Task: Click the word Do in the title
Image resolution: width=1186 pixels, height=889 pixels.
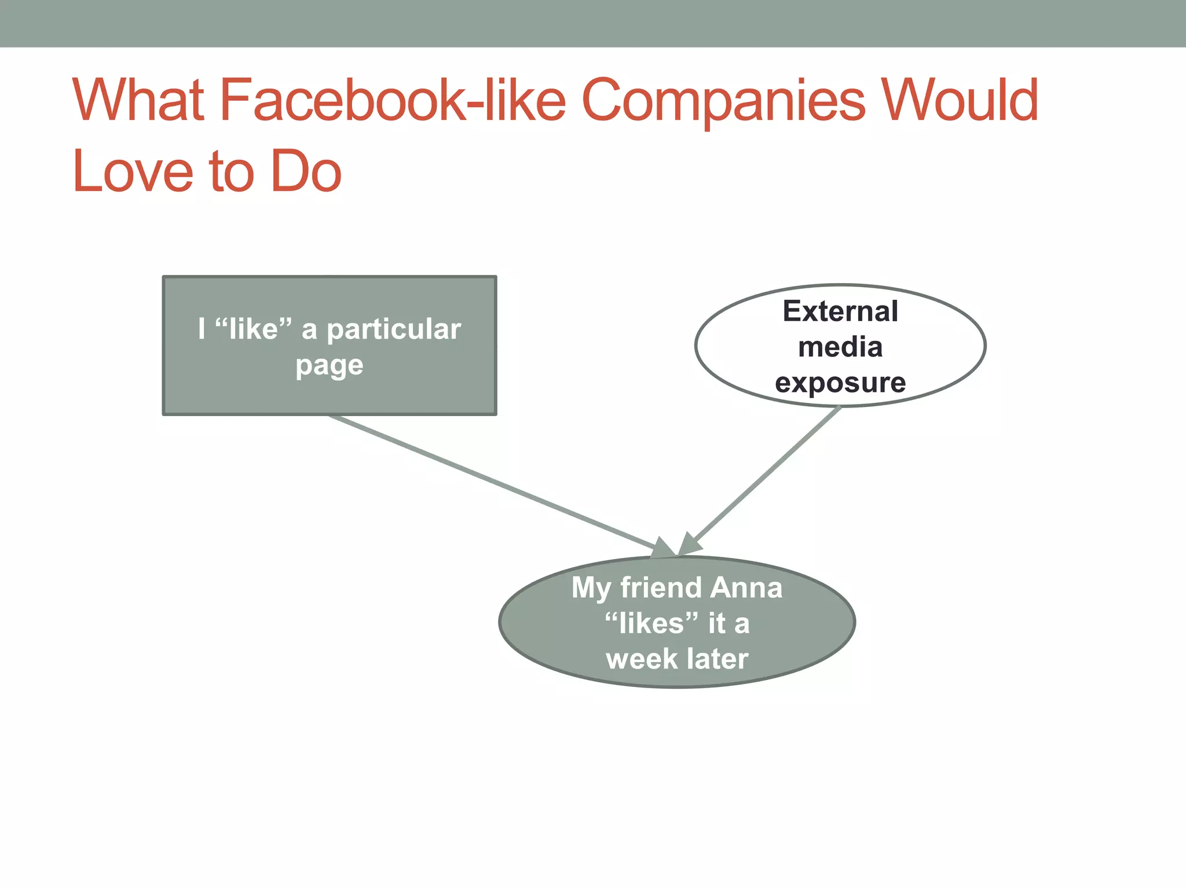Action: (x=306, y=172)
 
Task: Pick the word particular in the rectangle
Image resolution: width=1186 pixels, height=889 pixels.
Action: (x=394, y=330)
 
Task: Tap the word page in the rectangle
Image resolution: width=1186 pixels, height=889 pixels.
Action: (x=329, y=366)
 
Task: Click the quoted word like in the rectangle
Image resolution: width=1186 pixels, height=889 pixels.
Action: (x=253, y=329)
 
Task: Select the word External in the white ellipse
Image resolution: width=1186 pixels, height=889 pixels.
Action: (x=840, y=311)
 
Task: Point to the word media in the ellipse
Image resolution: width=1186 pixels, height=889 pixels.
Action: (x=840, y=347)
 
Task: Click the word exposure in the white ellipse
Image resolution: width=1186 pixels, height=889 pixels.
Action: (x=840, y=383)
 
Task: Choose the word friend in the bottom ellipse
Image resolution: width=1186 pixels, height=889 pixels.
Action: (x=660, y=587)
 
